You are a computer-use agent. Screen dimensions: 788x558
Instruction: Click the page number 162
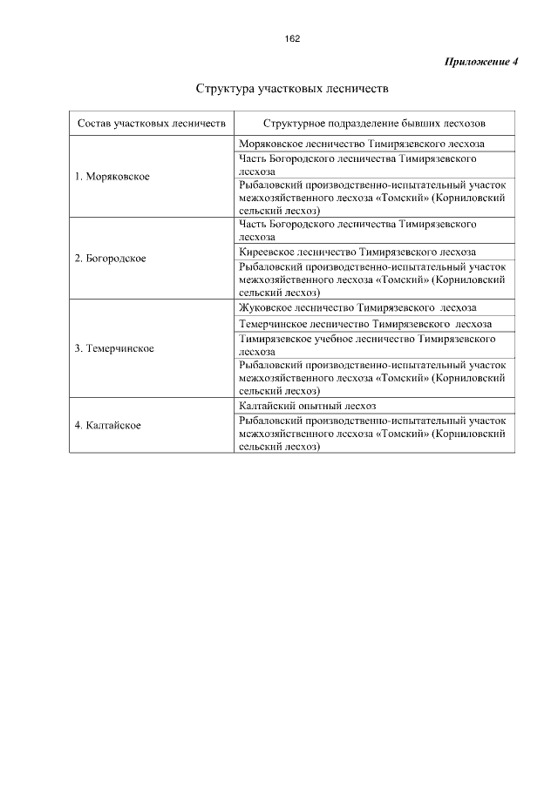click(292, 39)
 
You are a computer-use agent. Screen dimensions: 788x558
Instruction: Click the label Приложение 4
click(481, 62)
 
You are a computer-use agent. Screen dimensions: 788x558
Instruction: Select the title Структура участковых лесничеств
click(291, 89)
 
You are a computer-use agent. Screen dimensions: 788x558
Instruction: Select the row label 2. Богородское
click(110, 259)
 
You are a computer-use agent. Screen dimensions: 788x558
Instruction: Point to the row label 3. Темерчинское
click(114, 348)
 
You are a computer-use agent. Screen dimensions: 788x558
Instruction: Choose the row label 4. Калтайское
click(107, 425)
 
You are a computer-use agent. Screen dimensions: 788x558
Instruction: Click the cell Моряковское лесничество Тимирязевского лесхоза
click(361, 143)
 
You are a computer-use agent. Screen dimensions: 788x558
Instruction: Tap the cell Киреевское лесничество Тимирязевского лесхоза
click(357, 251)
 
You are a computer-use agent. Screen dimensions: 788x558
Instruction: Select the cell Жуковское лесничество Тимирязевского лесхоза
click(357, 307)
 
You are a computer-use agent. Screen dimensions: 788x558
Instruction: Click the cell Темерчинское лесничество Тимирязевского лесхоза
click(364, 323)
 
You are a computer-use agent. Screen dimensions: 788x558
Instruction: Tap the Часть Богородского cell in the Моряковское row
click(357, 165)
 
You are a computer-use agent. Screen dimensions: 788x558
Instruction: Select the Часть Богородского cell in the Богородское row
click(357, 229)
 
